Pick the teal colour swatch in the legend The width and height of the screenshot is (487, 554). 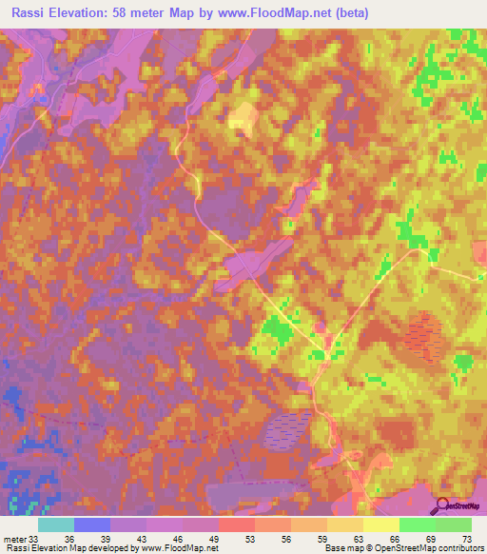(56, 524)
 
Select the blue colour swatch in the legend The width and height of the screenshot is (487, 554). (92, 524)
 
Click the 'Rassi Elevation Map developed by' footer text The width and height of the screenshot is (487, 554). (70, 548)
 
